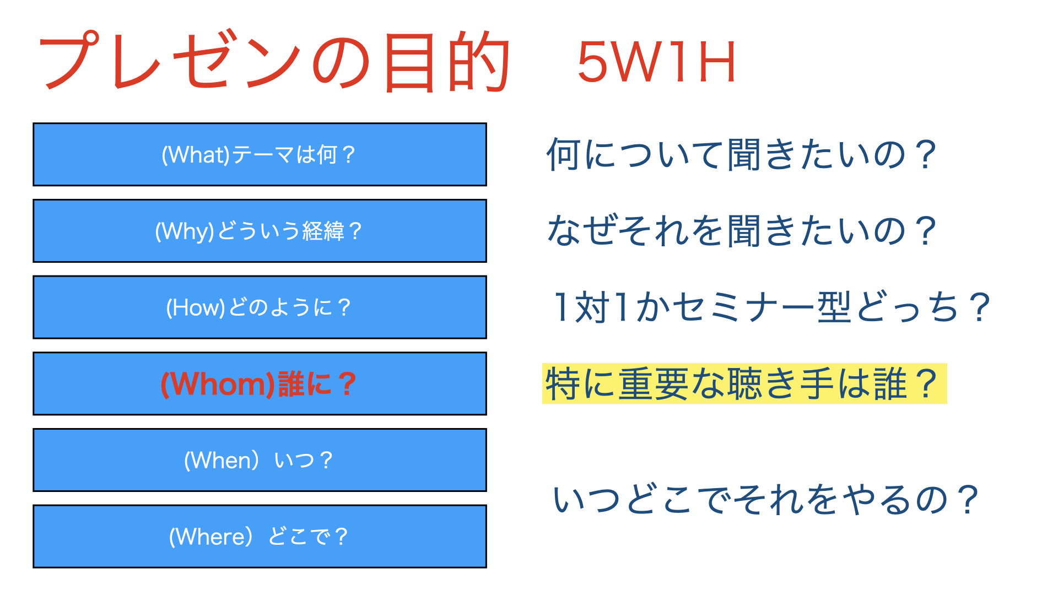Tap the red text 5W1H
[656, 62]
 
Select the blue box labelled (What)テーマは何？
[260, 154]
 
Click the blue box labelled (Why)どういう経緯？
[260, 231]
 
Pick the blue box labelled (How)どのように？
[260, 307]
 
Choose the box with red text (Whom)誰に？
[260, 383]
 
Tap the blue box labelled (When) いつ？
[260, 460]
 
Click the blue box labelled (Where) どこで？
[260, 537]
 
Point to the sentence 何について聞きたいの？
[741, 154]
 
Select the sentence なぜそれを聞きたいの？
[741, 231]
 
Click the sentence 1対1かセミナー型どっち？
[771, 307]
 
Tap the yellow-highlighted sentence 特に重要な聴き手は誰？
[744, 383]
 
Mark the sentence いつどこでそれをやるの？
[766, 499]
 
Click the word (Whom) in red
[218, 384]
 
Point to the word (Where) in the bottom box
[211, 537]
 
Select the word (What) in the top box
[196, 155]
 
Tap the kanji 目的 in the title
[447, 62]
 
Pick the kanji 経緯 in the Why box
[323, 231]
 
